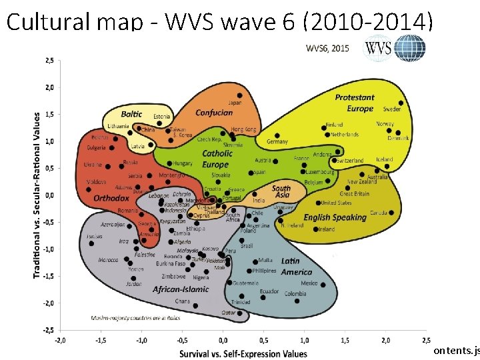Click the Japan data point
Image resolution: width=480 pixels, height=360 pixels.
click(240, 95)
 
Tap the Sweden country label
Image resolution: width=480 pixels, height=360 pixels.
click(392, 109)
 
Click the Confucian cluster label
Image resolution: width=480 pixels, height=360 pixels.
click(214, 113)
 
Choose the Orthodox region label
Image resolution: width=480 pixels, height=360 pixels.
click(111, 198)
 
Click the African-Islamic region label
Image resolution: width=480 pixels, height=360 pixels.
click(181, 289)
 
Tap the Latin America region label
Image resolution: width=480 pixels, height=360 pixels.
click(296, 267)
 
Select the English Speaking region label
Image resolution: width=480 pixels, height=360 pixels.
click(335, 217)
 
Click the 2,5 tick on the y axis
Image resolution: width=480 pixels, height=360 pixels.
click(50, 60)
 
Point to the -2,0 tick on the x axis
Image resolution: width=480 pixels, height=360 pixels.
click(59, 340)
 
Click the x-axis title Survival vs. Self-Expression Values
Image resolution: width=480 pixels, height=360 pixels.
click(243, 353)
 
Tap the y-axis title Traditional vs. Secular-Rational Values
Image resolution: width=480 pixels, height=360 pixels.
click(37, 195)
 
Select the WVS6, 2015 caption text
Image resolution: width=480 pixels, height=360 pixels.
click(327, 47)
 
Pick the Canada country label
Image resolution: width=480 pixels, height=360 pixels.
click(379, 213)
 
